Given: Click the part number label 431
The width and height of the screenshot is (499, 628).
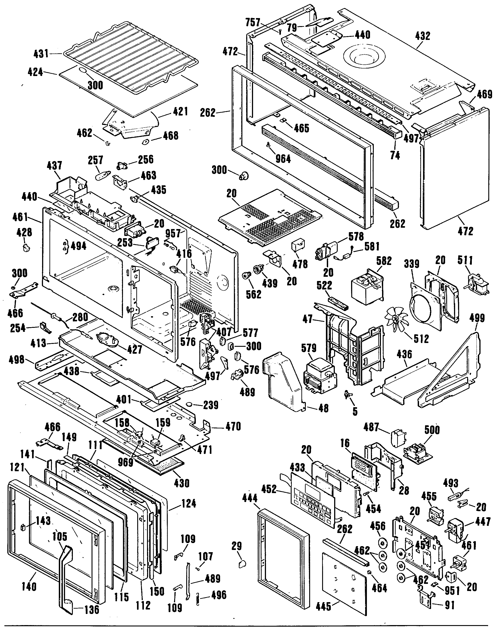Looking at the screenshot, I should pos(41,54).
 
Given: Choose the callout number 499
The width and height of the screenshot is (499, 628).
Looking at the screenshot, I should pos(477,318).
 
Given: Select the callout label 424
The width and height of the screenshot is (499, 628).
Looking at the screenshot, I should pos(35,72).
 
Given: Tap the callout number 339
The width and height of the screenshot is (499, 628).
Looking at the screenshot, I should pos(411,264).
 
